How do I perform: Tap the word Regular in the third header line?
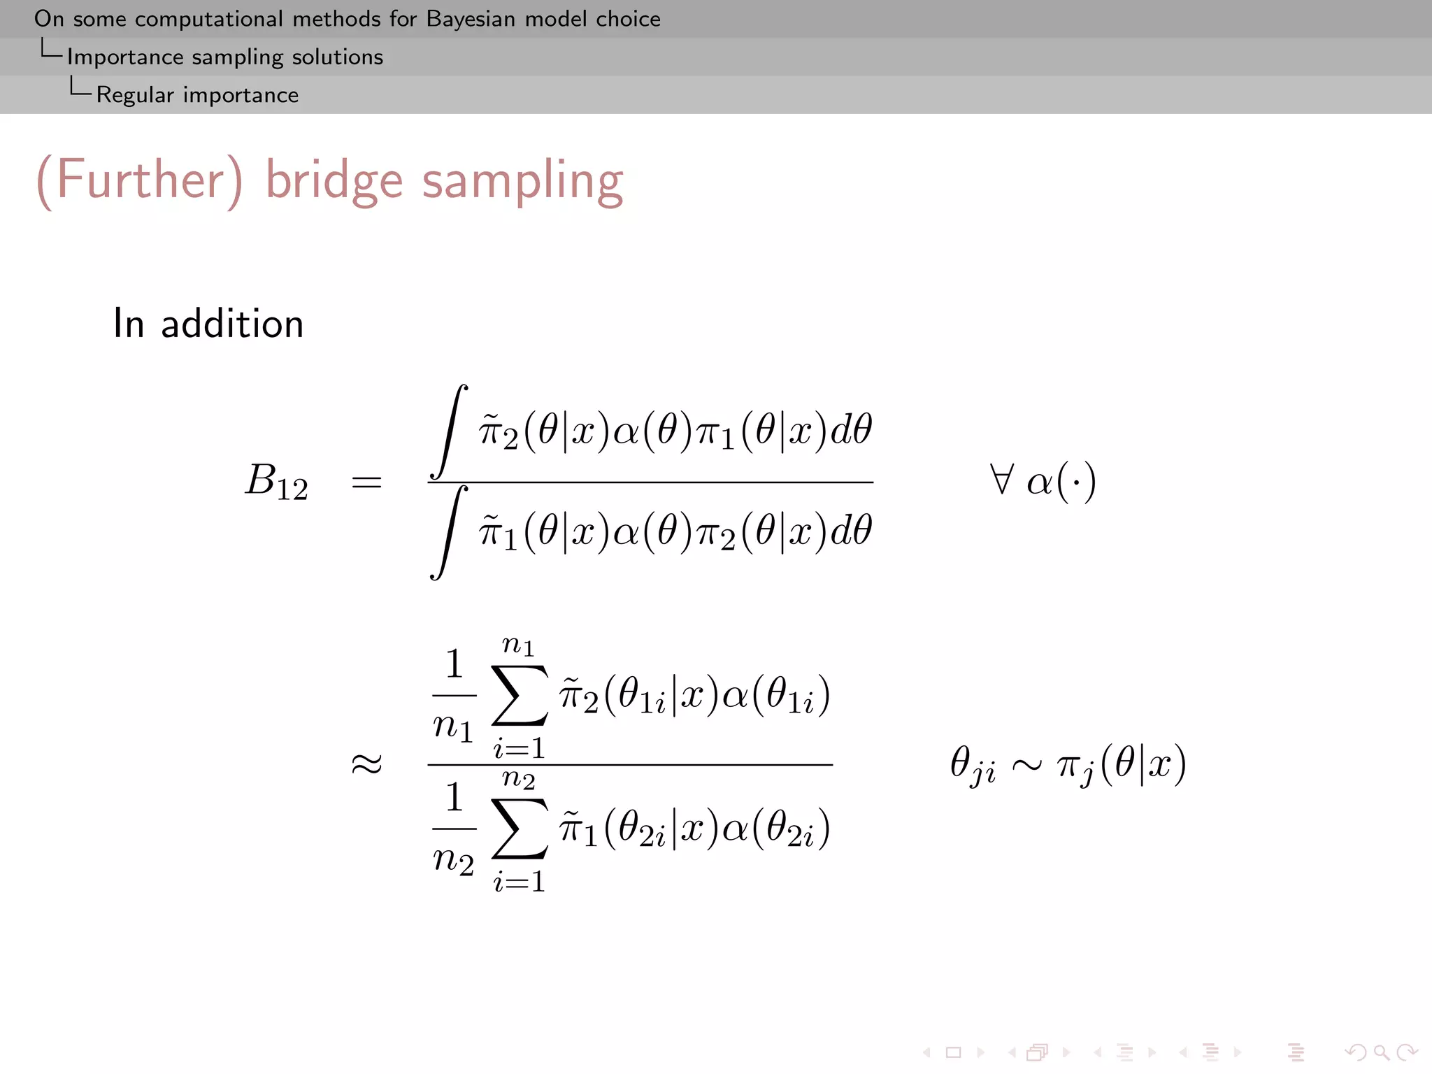pos(135,94)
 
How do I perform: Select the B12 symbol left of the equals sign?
pos(276,481)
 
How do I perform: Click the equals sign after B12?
pos(367,482)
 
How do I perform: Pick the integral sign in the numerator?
pos(449,431)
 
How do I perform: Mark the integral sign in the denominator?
pos(449,533)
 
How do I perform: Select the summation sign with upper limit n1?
pos(520,695)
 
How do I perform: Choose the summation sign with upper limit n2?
pos(520,828)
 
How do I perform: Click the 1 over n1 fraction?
pos(454,695)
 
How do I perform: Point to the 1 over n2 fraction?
pos(454,828)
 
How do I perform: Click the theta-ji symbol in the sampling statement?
pos(973,764)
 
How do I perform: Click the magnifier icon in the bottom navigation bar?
pos(1380,1052)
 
